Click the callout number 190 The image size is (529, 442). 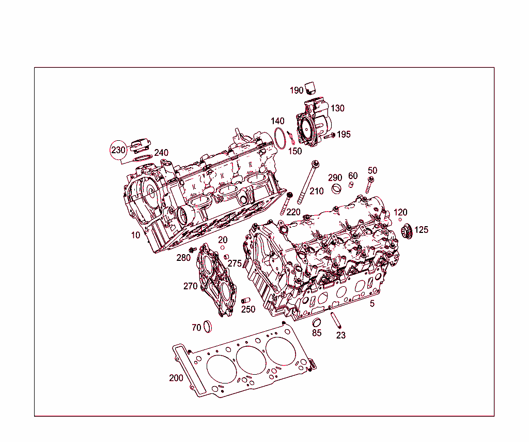click(x=297, y=91)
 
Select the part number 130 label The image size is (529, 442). click(x=337, y=108)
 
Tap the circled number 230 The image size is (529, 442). click(x=118, y=150)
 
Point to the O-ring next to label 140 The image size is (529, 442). click(x=280, y=138)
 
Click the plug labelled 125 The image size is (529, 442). click(x=407, y=231)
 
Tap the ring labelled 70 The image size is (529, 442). click(x=208, y=327)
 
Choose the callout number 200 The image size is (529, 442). click(x=176, y=378)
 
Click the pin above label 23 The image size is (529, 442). click(x=336, y=320)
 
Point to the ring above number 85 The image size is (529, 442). click(x=317, y=323)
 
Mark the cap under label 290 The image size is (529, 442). click(x=336, y=188)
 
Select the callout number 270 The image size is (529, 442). click(x=190, y=286)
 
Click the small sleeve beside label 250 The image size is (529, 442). click(x=246, y=301)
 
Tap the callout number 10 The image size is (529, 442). click(x=135, y=235)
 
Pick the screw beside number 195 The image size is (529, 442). click(x=328, y=136)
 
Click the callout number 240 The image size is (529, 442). click(x=161, y=153)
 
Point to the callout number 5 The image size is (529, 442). click(x=372, y=304)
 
